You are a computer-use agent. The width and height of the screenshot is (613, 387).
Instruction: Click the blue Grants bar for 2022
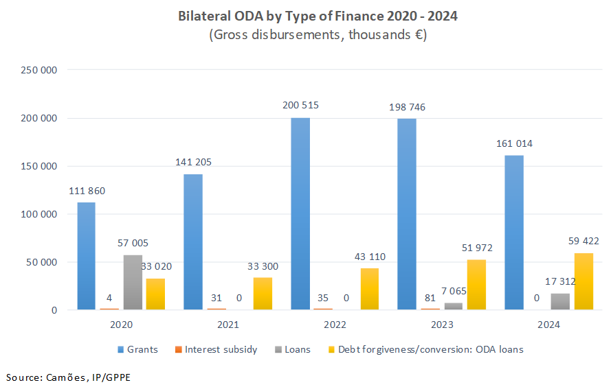tap(300, 213)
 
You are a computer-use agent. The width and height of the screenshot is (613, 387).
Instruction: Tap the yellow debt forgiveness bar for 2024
tap(583, 281)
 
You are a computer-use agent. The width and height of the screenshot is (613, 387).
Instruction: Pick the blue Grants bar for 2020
tap(86, 256)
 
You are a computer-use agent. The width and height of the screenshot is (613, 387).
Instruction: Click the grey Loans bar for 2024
tap(560, 301)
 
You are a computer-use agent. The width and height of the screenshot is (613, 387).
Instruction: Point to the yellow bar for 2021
tap(263, 293)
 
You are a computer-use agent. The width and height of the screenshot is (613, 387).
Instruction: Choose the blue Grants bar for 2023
tap(407, 214)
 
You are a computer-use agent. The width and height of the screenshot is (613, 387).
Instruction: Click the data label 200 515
tap(300, 106)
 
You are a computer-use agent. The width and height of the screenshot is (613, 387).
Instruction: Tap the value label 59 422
tap(583, 241)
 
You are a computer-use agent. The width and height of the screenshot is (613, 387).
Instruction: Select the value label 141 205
tap(193, 162)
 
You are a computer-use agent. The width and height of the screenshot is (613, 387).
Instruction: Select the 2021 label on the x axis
tap(228, 325)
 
